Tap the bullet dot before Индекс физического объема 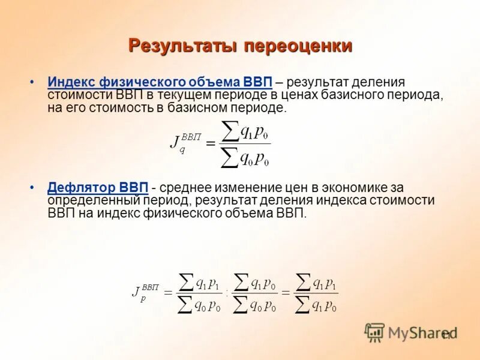[32, 82]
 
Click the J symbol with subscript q [175, 142]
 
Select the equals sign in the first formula [211, 143]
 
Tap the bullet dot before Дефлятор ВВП [32, 188]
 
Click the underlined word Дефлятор [82, 188]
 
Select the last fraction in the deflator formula [317, 293]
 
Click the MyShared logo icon [375, 332]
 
